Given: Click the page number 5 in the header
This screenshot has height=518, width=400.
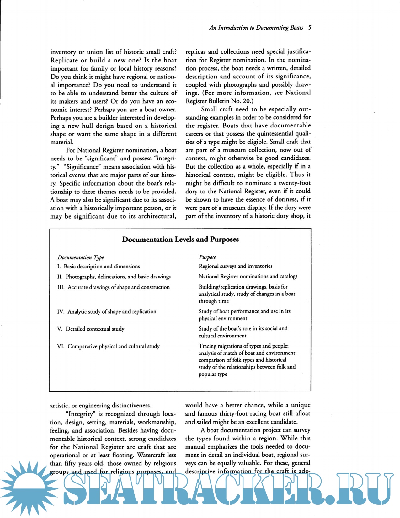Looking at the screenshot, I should click(x=309, y=28).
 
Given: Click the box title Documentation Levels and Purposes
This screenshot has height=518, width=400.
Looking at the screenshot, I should click(x=180, y=240).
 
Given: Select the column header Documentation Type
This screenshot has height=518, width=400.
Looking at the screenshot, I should click(x=81, y=257).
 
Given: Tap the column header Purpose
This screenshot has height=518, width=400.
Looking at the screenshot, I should click(x=207, y=257).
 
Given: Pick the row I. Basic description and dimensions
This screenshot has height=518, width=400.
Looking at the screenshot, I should click(x=99, y=267).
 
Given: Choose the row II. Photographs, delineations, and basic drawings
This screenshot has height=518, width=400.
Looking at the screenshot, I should click(x=114, y=277).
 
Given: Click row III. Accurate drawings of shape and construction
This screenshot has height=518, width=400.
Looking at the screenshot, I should click(x=113, y=287).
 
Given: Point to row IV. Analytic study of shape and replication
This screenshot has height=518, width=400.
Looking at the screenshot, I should click(x=107, y=312).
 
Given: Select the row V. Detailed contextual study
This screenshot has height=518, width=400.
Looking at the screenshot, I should click(x=91, y=329).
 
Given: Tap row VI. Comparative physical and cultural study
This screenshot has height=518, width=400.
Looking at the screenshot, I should click(x=108, y=346).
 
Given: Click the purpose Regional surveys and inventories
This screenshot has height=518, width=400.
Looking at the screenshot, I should click(x=235, y=266).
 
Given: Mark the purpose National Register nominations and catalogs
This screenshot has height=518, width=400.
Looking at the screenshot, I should click(x=248, y=277).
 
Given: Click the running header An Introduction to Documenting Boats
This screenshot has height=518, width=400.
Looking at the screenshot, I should click(x=256, y=28).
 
